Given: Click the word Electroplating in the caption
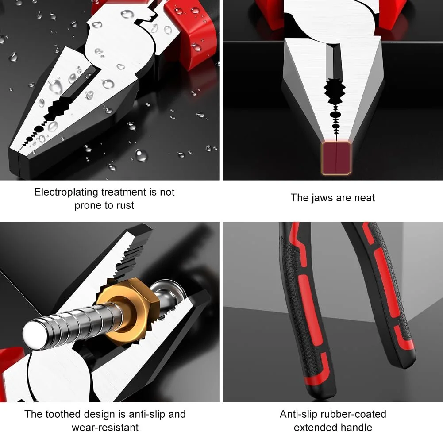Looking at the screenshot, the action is coord(66,192).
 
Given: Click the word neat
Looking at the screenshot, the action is coord(365,198).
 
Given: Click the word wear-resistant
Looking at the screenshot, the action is coord(105,428).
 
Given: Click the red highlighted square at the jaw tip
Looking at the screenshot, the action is coord(336,158).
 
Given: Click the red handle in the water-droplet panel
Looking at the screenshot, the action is coord(192,31).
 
